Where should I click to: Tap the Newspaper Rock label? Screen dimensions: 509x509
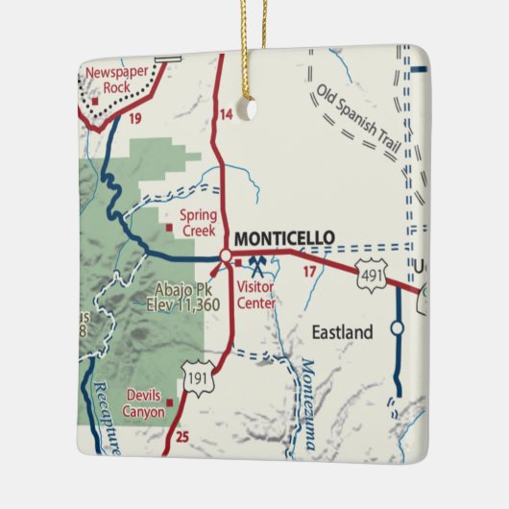[x=117, y=80]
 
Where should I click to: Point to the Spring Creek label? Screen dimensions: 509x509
[x=199, y=223]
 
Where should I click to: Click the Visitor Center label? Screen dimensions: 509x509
[x=255, y=295]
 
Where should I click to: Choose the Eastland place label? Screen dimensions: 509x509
[x=342, y=332]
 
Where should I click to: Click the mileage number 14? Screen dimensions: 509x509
[x=227, y=115]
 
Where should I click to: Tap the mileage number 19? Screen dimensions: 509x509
[x=135, y=119]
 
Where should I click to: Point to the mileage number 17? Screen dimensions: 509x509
[x=309, y=273]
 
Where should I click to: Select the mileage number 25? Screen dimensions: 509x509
[x=183, y=438]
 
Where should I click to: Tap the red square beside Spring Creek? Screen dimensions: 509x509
[x=168, y=229]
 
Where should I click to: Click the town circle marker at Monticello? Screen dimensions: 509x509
[x=225, y=256]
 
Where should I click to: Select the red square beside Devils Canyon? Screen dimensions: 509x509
[x=169, y=402]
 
